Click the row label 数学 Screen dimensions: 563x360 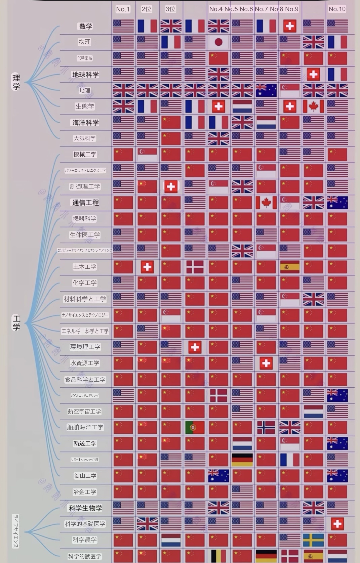click(x=85, y=26)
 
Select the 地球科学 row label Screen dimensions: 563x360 click(x=85, y=75)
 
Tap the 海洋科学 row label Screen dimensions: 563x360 click(x=85, y=123)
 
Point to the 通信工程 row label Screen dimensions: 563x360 click(x=85, y=203)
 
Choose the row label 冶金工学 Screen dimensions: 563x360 click(x=85, y=492)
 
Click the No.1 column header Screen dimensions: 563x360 click(x=123, y=9)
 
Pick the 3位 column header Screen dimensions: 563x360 click(x=171, y=9)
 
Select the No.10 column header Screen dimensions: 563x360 click(x=337, y=9)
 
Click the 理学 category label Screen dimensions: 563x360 click(x=16, y=82)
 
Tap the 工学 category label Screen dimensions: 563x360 click(x=16, y=322)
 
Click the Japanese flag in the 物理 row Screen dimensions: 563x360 click(x=218, y=42)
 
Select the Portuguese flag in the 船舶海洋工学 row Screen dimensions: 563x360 click(x=195, y=427)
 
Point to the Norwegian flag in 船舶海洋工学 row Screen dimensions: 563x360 click(x=266, y=427)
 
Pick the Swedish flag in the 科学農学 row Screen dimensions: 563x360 click(x=313, y=540)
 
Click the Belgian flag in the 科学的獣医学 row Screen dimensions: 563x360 click(x=218, y=556)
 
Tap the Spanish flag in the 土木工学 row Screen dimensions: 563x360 click(x=290, y=267)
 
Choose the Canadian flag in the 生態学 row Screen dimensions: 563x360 click(x=313, y=106)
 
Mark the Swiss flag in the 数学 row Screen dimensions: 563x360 click(x=290, y=26)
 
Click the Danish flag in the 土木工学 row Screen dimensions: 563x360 click(x=195, y=267)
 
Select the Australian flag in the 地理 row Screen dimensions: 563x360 click(x=266, y=90)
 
